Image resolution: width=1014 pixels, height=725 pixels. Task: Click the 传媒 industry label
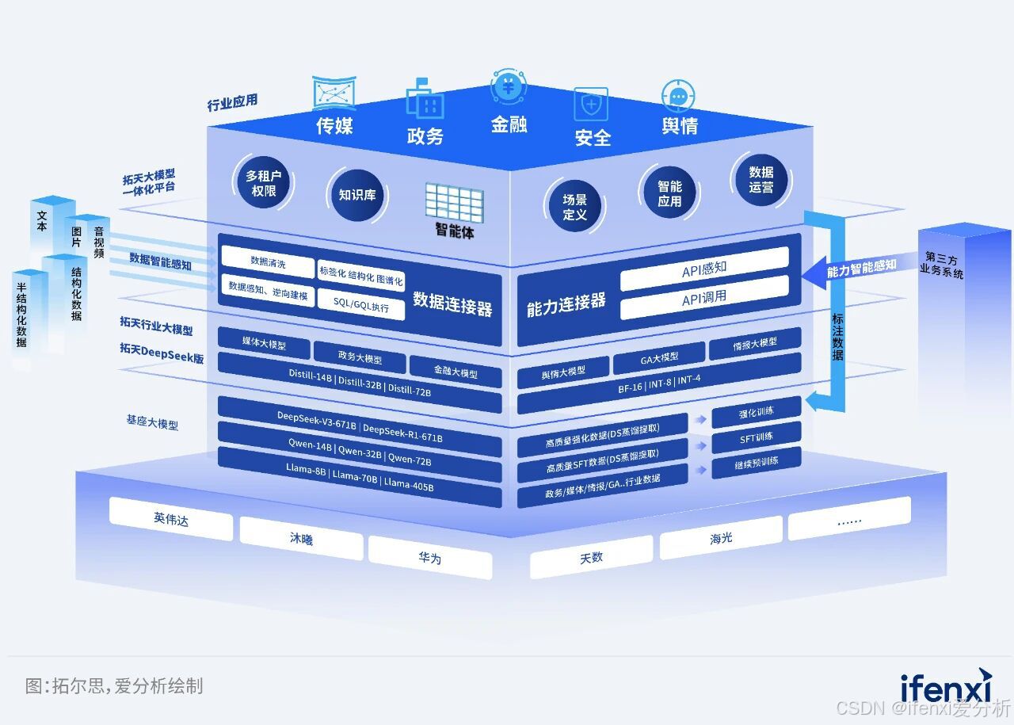(x=334, y=125)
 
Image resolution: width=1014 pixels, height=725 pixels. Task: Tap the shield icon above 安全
(x=591, y=104)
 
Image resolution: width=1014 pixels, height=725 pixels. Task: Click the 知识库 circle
(x=357, y=194)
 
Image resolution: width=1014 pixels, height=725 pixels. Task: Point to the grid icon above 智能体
(x=454, y=203)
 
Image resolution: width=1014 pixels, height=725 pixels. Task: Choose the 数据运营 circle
(x=760, y=180)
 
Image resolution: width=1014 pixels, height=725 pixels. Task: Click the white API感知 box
(x=704, y=269)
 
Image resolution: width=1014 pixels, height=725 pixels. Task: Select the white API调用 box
(x=704, y=298)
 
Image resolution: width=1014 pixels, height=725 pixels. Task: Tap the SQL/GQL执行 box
(x=361, y=305)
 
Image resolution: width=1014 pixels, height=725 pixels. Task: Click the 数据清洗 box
(x=268, y=261)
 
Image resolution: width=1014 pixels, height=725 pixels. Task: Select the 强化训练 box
(x=757, y=413)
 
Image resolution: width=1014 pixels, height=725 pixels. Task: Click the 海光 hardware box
(x=721, y=539)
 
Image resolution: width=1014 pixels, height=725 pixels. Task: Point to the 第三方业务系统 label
(x=942, y=265)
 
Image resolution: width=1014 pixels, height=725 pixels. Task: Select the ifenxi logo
(x=945, y=687)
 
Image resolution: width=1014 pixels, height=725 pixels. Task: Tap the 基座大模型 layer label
(x=152, y=422)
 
